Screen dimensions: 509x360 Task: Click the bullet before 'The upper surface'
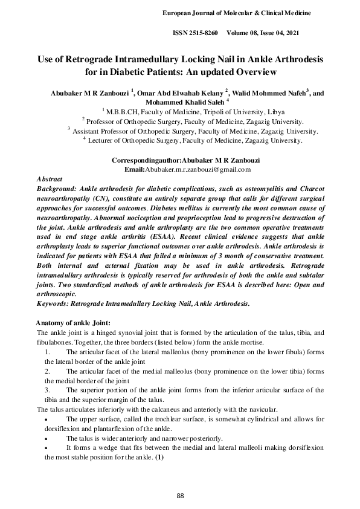coord(47,419)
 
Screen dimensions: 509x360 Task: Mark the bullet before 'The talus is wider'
coord(47,438)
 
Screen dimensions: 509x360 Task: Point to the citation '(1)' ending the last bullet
coord(159,458)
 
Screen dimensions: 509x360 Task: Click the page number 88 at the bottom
coord(180,496)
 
